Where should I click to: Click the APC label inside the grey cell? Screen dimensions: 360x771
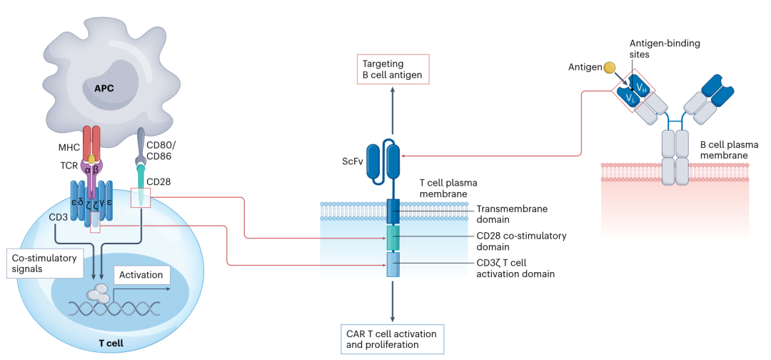point(104,90)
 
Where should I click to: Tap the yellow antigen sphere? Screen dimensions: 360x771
point(609,68)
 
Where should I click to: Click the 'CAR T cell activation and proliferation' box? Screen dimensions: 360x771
point(392,339)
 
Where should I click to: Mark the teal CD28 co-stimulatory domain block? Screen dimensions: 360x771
point(393,237)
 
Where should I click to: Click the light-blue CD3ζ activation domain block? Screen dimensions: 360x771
point(393,265)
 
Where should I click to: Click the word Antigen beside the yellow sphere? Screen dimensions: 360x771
point(584,67)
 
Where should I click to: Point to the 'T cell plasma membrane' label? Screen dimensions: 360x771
point(443,188)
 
